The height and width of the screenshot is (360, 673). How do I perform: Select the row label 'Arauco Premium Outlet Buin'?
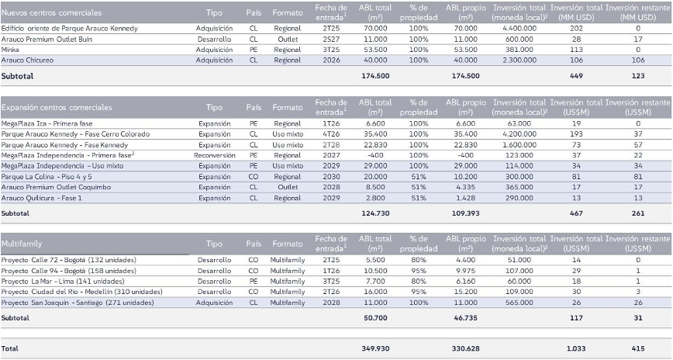pos(49,38)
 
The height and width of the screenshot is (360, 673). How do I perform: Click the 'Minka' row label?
pos(11,49)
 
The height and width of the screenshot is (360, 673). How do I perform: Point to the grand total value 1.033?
pos(575,349)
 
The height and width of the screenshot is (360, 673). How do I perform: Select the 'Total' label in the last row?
pos(11,349)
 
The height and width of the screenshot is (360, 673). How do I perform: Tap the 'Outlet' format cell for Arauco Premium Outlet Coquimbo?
pos(288,187)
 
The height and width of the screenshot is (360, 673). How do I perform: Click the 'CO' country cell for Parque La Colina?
pos(254,176)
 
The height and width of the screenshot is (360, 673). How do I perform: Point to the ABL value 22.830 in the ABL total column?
pos(375,144)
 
